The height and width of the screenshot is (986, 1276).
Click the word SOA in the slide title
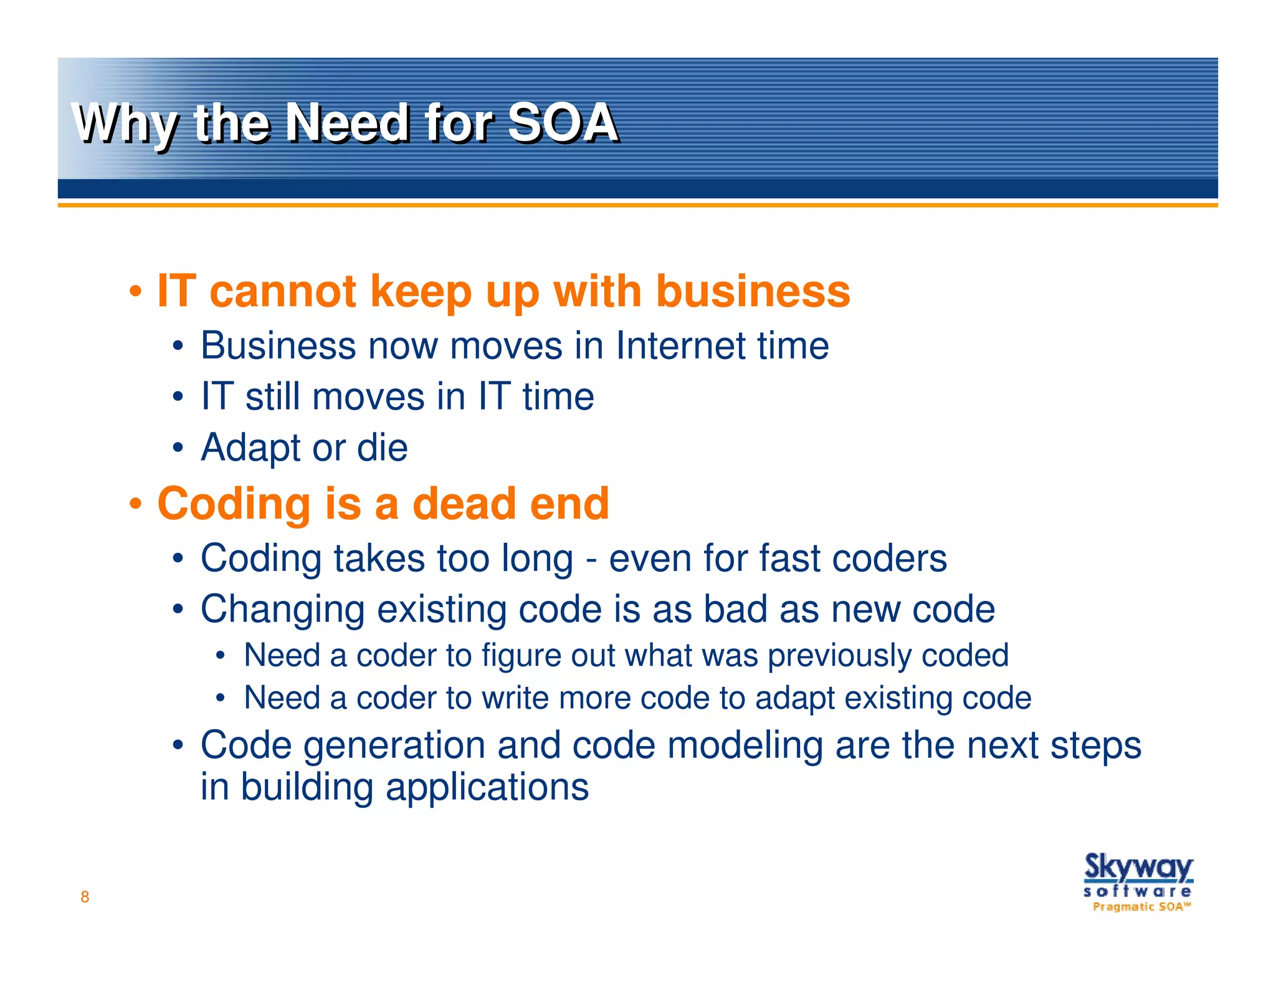click(562, 123)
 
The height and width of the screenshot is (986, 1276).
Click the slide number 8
click(85, 897)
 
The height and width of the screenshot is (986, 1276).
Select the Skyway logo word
click(1138, 867)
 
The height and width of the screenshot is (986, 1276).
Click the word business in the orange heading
click(753, 291)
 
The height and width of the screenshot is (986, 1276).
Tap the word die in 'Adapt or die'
click(382, 448)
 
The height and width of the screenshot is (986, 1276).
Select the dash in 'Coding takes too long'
click(591, 559)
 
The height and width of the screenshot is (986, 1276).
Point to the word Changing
click(282, 610)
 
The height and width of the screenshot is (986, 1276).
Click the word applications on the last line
click(487, 787)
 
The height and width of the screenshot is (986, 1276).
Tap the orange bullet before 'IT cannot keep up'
click(135, 292)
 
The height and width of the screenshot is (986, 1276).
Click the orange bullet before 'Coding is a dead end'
click(135, 504)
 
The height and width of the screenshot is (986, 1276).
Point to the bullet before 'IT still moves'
click(178, 397)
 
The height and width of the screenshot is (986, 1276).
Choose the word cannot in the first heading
click(283, 291)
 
